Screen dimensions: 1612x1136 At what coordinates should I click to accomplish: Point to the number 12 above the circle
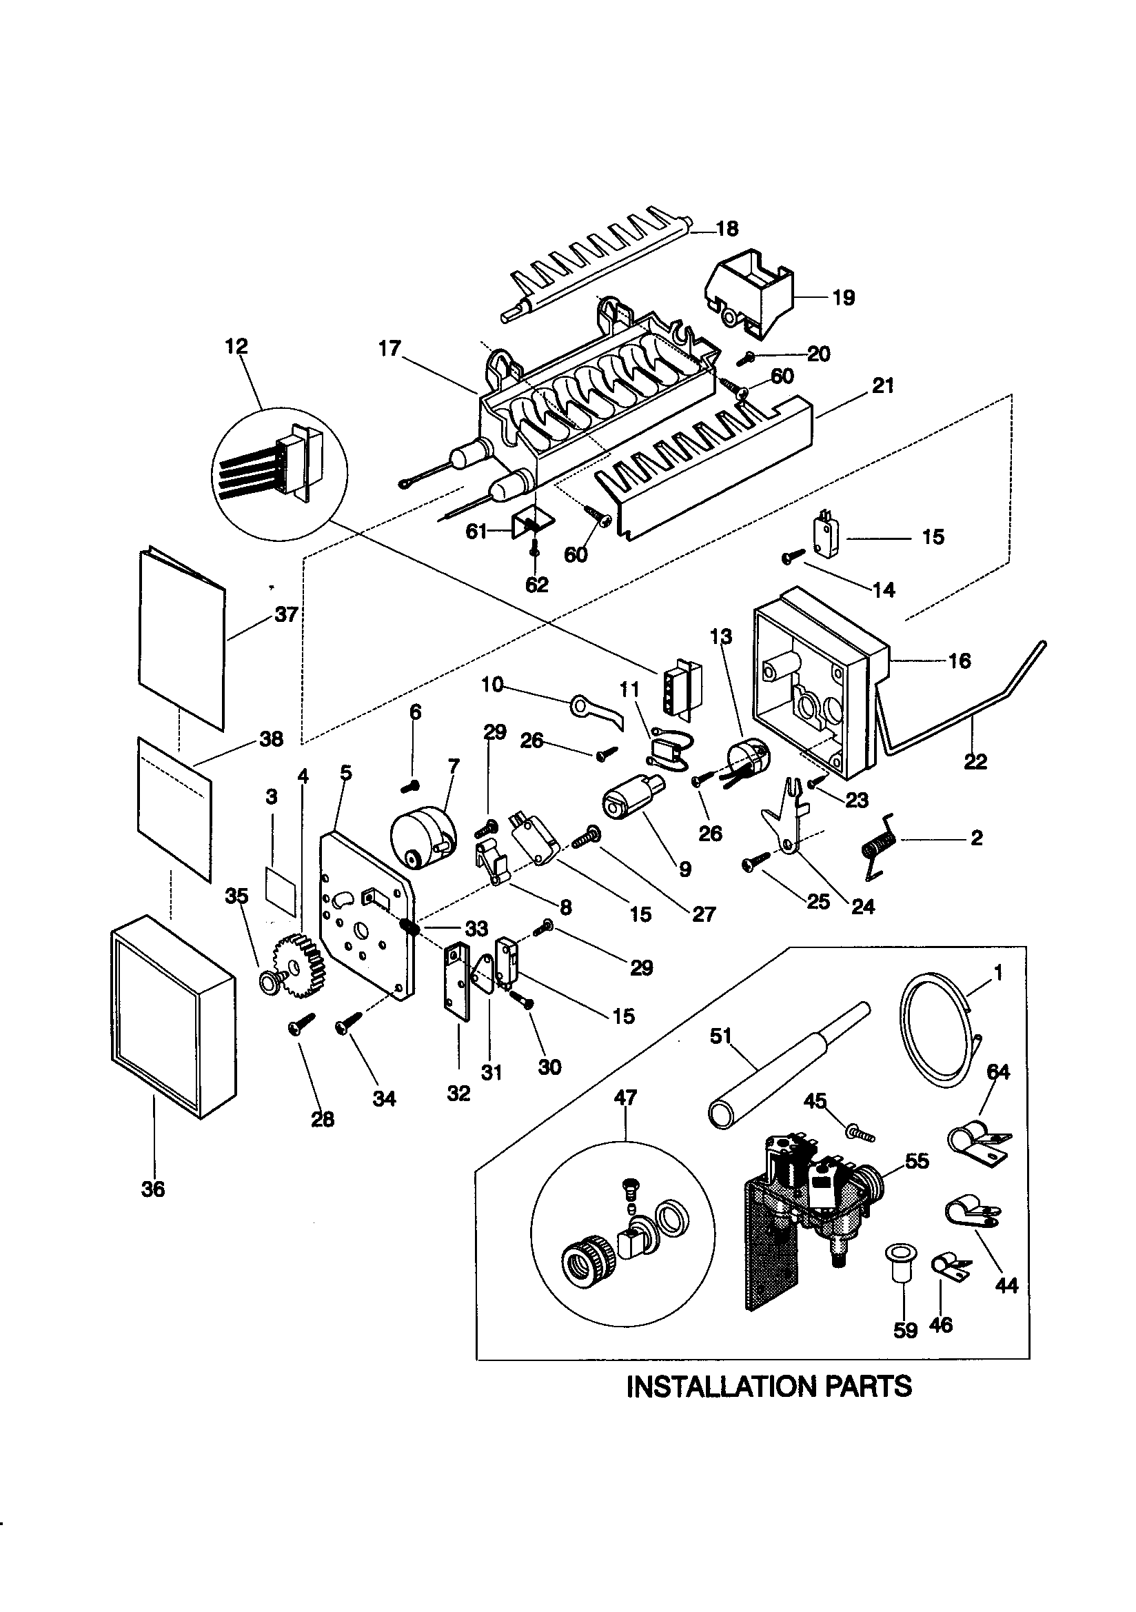[236, 347]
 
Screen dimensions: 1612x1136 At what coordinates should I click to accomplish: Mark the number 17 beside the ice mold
[389, 348]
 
